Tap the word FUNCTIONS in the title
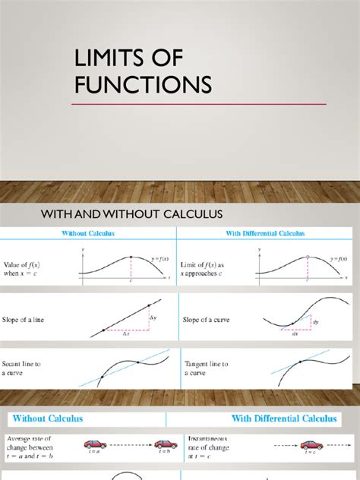pyautogui.click(x=142, y=84)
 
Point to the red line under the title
pyautogui.click(x=199, y=104)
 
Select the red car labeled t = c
pyautogui.click(x=310, y=444)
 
